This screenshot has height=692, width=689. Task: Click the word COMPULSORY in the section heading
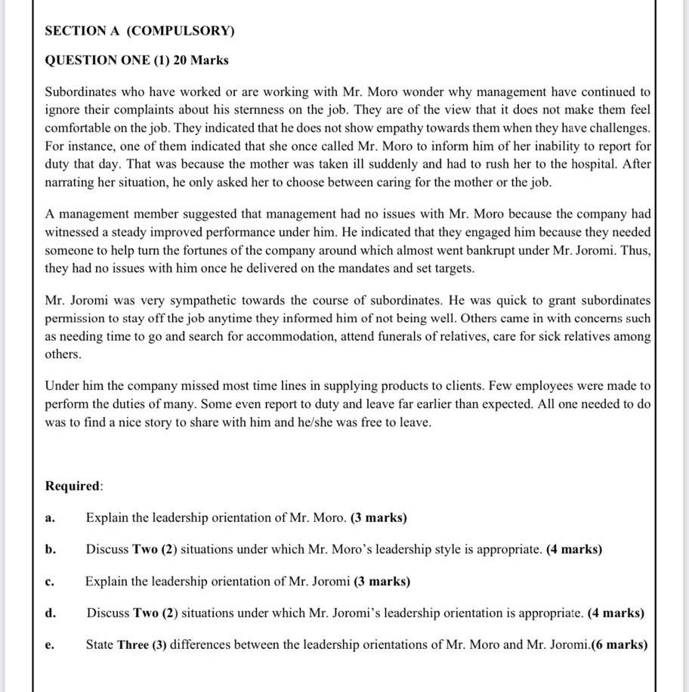coord(181,31)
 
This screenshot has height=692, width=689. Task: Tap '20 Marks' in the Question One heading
coord(201,60)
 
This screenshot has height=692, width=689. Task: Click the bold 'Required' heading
coord(73,486)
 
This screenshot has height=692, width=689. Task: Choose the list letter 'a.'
coord(50,518)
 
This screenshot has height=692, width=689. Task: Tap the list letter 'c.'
coord(50,582)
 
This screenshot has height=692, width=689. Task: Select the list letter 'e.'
coord(50,645)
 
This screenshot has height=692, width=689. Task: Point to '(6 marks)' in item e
coord(619,645)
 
